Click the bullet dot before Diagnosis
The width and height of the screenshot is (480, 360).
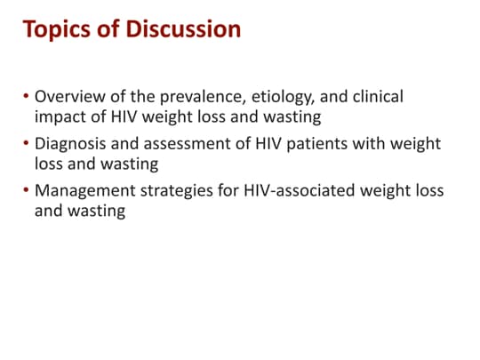coord(27,144)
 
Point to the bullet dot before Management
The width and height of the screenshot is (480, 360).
coord(27,192)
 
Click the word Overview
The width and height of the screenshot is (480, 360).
coord(68,96)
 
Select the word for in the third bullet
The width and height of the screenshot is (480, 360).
coord(234,192)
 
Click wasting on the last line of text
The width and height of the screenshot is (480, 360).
coord(95,212)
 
